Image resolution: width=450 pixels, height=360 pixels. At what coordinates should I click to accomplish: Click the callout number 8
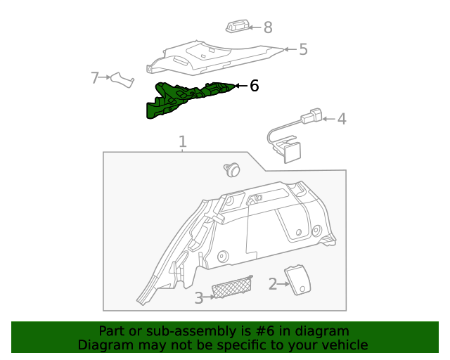(268, 28)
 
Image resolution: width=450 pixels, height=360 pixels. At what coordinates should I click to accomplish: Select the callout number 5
(303, 50)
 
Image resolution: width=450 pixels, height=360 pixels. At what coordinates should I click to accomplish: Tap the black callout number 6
(254, 86)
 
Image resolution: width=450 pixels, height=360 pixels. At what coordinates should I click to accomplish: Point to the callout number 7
(95, 77)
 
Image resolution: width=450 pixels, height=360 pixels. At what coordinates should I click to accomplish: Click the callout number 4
(342, 119)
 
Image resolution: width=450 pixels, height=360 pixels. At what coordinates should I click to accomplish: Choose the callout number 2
(272, 284)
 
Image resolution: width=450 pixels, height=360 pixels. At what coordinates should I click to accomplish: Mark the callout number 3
(198, 298)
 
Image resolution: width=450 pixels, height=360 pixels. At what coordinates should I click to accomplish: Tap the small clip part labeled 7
(122, 79)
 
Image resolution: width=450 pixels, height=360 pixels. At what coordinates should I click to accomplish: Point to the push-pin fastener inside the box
(231, 169)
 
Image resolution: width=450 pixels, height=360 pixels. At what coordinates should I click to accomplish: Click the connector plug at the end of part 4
(314, 115)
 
